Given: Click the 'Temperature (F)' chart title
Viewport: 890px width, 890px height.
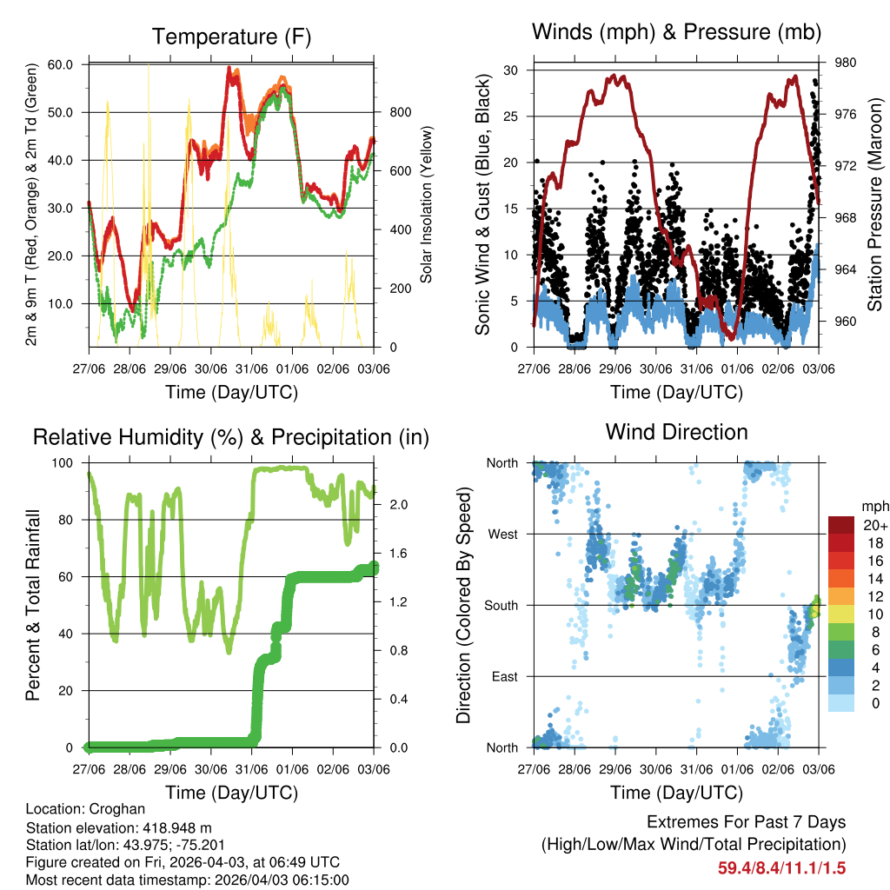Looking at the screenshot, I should (231, 37).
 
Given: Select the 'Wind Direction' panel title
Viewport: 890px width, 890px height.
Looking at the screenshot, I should (676, 431).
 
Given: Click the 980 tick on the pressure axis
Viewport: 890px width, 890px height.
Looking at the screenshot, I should (846, 63).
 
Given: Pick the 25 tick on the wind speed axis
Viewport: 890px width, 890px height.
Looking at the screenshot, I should (512, 116).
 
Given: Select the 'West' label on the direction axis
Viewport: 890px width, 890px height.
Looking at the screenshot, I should (502, 535).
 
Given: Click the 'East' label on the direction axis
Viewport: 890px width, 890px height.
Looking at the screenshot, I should (504, 676).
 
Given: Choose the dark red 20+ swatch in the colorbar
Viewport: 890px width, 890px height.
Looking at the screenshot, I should (841, 525).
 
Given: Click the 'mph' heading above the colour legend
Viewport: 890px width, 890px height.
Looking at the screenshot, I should (873, 506).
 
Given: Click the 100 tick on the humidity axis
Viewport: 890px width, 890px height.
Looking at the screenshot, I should (67, 463).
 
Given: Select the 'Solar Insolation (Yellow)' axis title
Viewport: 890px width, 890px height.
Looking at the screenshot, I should (426, 205).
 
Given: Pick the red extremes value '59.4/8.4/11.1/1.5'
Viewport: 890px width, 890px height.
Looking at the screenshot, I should (781, 867).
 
